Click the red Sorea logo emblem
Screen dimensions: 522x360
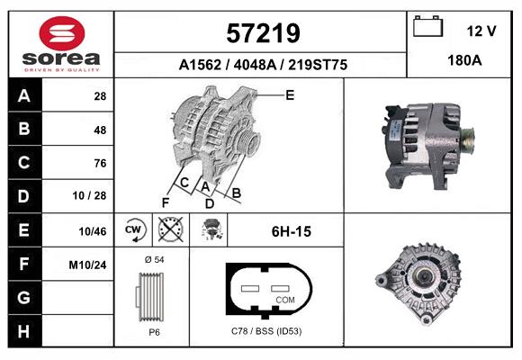click(x=62, y=33)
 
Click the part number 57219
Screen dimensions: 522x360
click(x=263, y=33)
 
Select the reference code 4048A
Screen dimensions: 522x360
click(x=255, y=65)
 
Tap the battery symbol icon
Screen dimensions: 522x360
click(x=427, y=26)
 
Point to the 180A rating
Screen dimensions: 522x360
click(x=464, y=60)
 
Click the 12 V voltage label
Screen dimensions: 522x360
click(x=481, y=31)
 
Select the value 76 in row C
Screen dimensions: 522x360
click(x=100, y=163)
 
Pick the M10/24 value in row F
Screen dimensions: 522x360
click(x=87, y=265)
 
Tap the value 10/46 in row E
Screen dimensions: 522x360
click(x=93, y=231)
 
